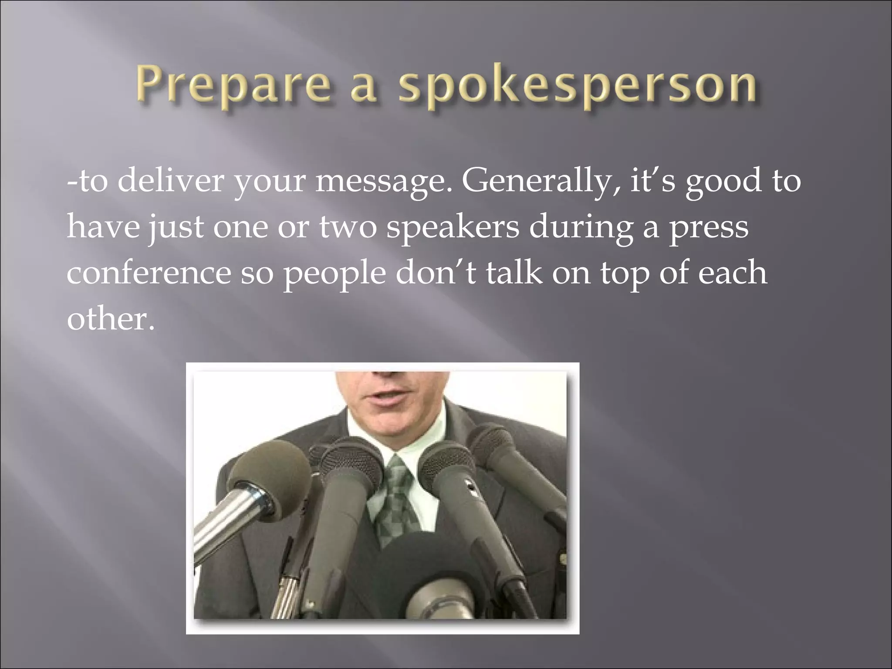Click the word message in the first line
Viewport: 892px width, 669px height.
pos(384,182)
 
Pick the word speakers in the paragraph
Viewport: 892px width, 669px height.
pos(453,228)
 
